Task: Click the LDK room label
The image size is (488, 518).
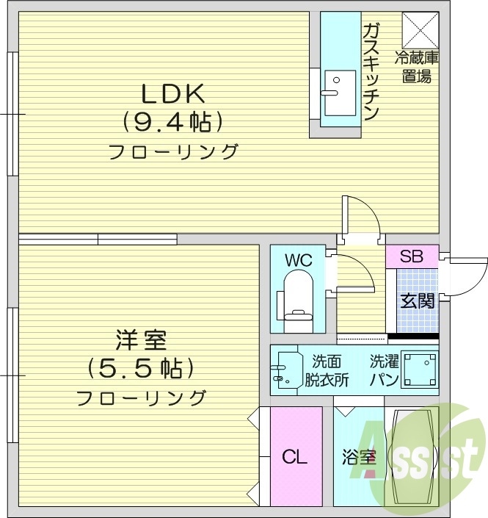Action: tap(173, 93)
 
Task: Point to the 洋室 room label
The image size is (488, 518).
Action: tap(141, 340)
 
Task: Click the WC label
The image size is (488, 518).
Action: tap(299, 260)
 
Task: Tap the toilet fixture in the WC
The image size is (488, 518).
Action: tap(296, 297)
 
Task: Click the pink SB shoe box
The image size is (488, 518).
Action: tap(412, 256)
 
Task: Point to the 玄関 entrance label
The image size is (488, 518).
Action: tap(416, 300)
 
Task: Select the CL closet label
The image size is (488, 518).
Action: tap(295, 457)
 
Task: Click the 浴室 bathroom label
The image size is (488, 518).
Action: tap(359, 458)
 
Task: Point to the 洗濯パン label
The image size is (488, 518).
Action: tap(384, 370)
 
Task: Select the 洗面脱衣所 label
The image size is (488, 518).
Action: tap(327, 370)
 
